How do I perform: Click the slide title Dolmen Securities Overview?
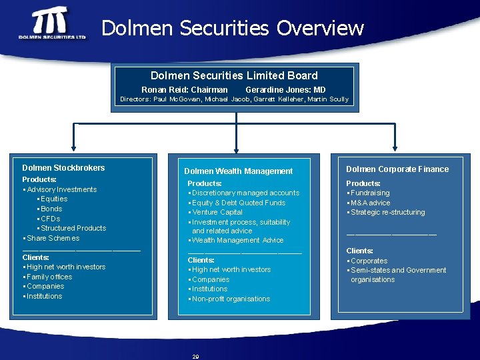point(233,28)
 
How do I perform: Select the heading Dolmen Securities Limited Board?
point(234,75)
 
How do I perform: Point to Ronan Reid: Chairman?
point(184,89)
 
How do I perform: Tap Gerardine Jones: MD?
point(285,89)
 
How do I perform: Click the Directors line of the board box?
point(234,99)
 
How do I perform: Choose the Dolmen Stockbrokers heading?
point(63,168)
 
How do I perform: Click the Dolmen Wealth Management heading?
point(238,171)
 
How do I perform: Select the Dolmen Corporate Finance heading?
point(397,169)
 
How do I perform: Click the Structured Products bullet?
point(73,228)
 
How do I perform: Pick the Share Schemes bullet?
point(53,238)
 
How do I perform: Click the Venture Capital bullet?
point(217,212)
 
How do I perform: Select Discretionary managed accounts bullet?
point(245,193)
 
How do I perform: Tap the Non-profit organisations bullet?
point(231,299)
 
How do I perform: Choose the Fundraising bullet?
point(370,193)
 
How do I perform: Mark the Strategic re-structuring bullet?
point(387,212)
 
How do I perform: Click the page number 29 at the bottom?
point(195,357)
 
